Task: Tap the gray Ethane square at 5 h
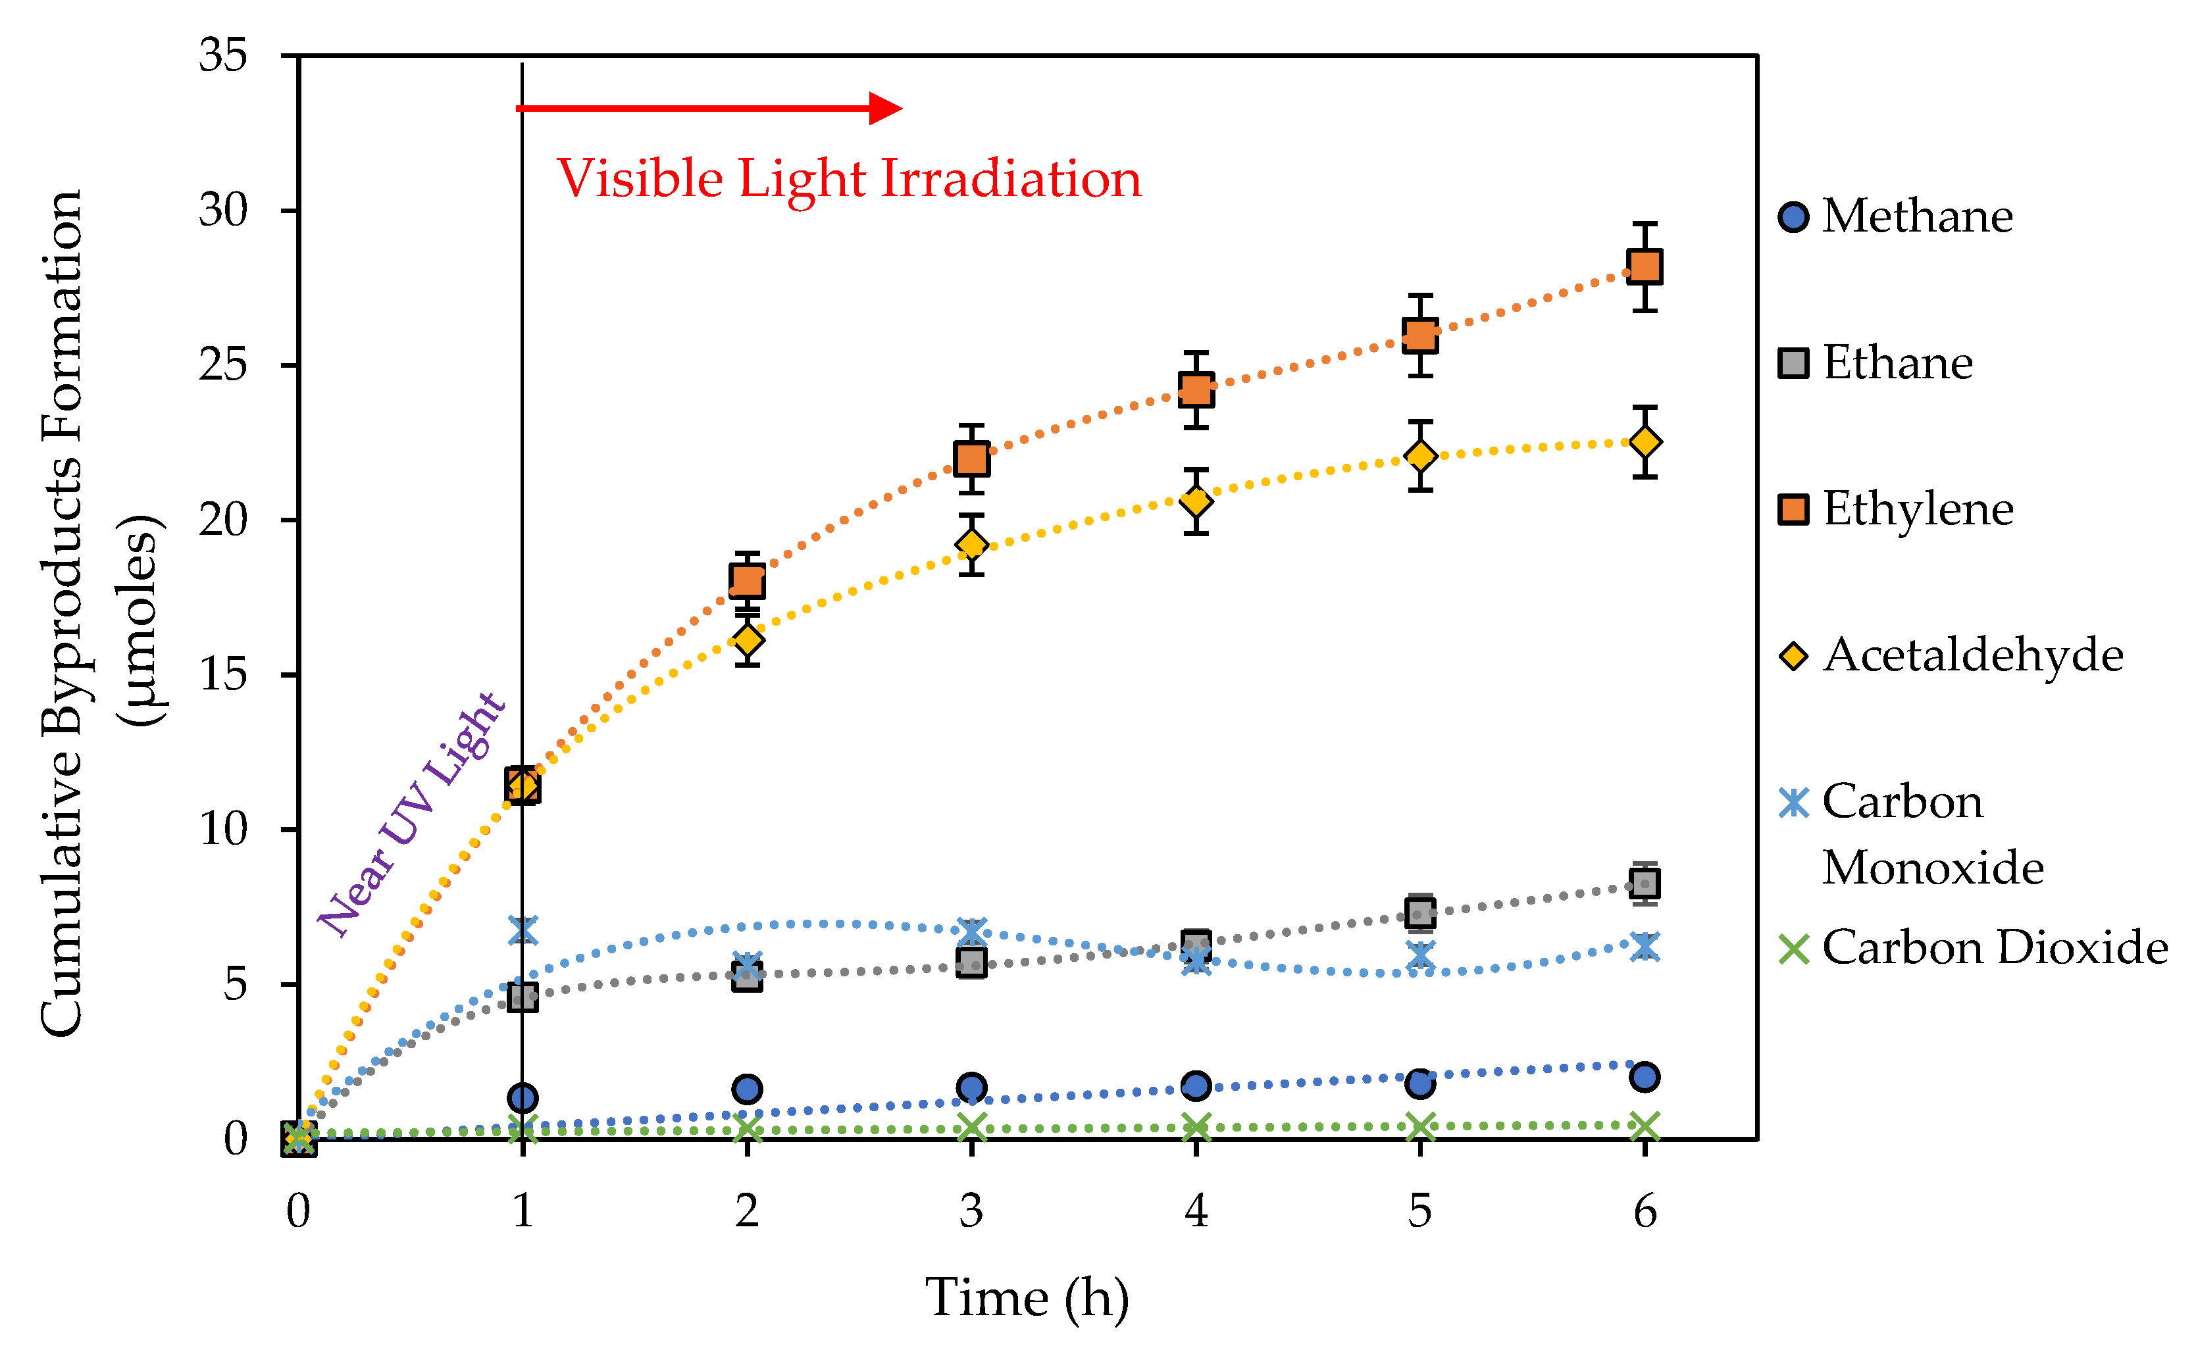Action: [1420, 912]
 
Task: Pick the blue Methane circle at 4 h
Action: [1196, 1085]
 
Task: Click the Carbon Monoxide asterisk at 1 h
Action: [523, 930]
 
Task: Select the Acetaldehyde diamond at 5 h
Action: [1420, 455]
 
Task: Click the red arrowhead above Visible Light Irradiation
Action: [884, 108]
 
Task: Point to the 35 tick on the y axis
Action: [223, 55]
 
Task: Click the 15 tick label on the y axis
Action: [223, 675]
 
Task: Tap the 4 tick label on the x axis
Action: [1196, 1211]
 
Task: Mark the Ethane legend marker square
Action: [1793, 363]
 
